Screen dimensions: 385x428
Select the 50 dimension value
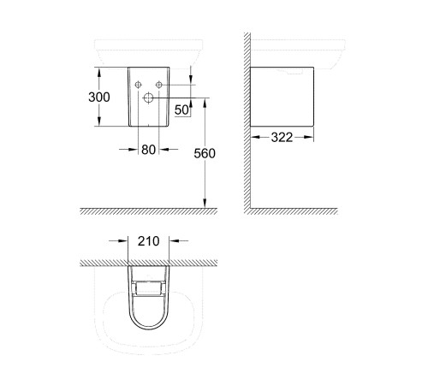tap(181, 109)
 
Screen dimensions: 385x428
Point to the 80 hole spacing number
tap(149, 150)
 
